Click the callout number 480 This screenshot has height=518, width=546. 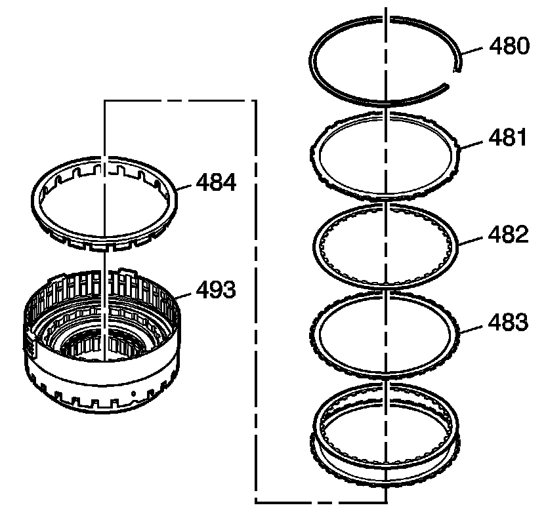click(508, 47)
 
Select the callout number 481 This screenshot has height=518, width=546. click(508, 139)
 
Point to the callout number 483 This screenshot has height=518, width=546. click(508, 323)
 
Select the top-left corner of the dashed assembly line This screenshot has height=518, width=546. click(105, 101)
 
